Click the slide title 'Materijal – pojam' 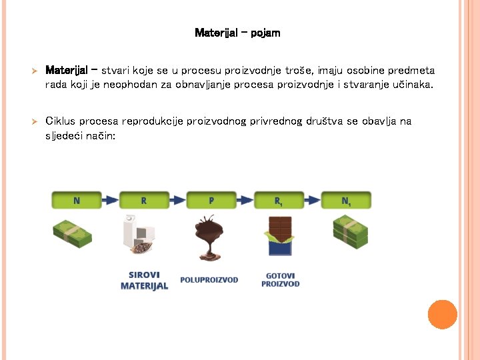(237, 33)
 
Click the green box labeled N (75, 200)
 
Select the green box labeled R (143, 200)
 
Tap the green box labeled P (211, 200)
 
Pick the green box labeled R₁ (279, 200)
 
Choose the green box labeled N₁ (347, 200)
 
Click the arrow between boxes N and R (109, 200)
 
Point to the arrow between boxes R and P (177, 200)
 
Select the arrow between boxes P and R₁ (245, 200)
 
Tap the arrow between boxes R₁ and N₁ (313, 200)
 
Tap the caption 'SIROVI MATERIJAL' (144, 280)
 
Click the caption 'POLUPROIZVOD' (209, 280)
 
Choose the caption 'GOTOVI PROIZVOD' (280, 279)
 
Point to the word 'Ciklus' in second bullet (60, 121)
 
